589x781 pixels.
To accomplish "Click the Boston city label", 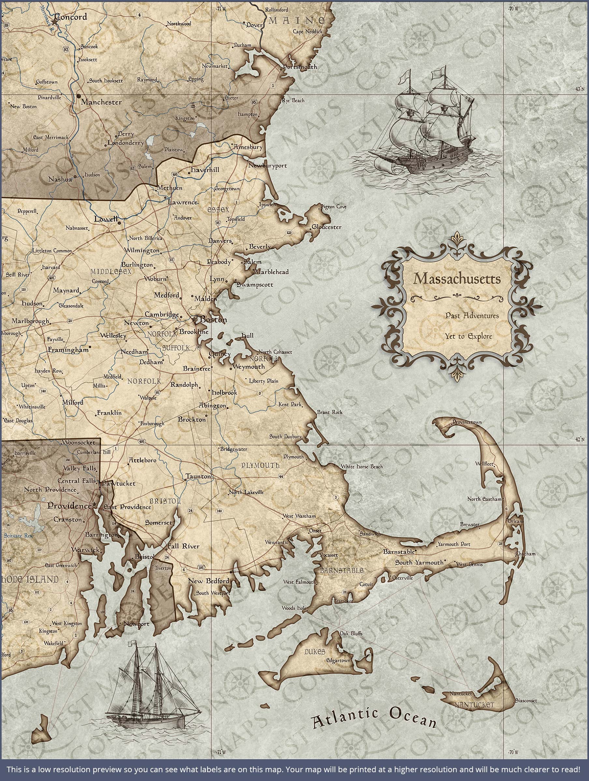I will coord(213,320).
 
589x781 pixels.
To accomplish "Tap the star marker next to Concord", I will coord(54,22).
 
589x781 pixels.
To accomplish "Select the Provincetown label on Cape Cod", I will coord(467,422).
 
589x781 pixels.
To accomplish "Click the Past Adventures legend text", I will coord(472,316).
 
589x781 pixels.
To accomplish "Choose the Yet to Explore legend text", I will coord(468,336).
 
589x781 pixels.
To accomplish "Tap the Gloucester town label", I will coord(326,227).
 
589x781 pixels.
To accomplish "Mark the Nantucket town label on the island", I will coord(460,694).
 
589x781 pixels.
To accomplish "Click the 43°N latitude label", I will coord(580,90).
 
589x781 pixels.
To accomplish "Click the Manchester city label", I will coord(101,103).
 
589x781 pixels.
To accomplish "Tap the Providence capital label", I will coord(69,506).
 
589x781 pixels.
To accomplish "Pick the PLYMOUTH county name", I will coord(260,466).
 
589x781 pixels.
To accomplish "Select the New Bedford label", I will coord(208,581).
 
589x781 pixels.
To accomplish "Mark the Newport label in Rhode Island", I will coord(136,624).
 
